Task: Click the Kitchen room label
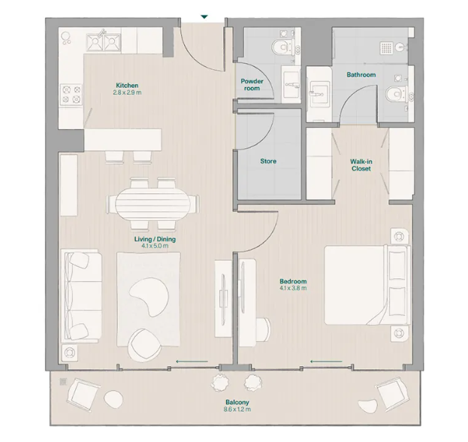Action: click(x=128, y=85)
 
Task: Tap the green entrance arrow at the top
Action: click(x=204, y=17)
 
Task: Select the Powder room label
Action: click(x=250, y=84)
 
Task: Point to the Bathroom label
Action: click(x=361, y=75)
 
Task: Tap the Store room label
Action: click(x=268, y=161)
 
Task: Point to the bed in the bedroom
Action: click(x=365, y=284)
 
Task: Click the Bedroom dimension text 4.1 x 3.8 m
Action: click(x=292, y=289)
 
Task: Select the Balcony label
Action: click(x=237, y=402)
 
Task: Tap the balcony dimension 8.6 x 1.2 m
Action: click(x=237, y=410)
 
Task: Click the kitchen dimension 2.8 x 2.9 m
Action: click(x=128, y=92)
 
